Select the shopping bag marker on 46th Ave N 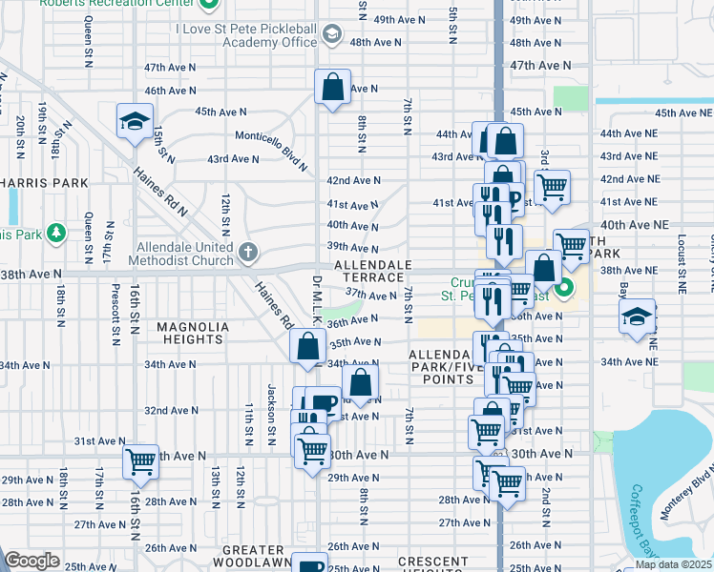pos(331,88)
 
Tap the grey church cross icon pos(248,252)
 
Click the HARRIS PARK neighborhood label pos(44,182)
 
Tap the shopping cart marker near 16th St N pos(140,461)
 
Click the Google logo pos(32,561)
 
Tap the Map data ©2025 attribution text pos(672,564)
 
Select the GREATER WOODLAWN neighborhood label pos(253,556)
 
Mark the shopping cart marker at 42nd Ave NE pos(552,187)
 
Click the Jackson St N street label pos(272,416)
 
